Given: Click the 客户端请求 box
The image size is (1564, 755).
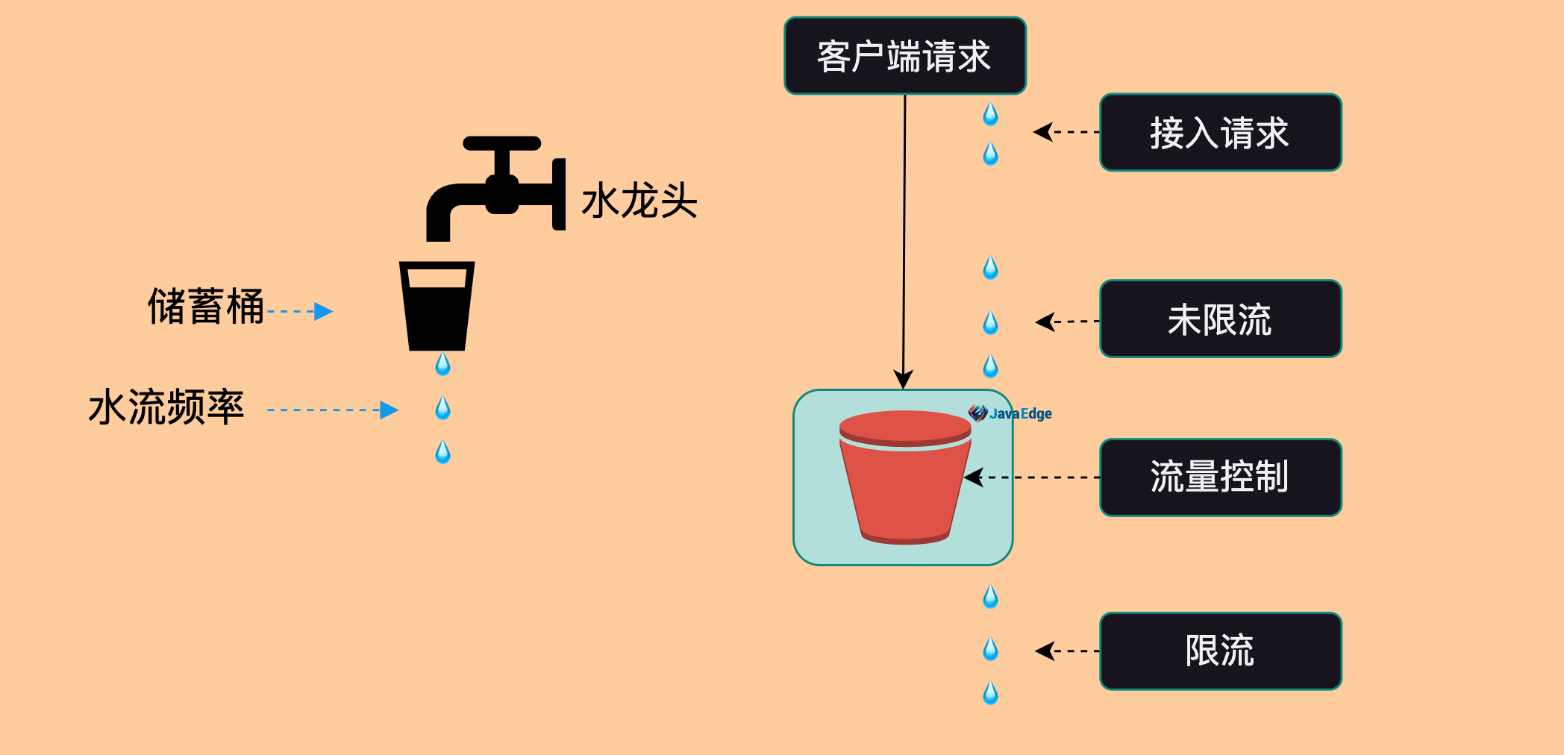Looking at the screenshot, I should (904, 56).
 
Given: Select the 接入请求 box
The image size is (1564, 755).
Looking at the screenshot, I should (1220, 133).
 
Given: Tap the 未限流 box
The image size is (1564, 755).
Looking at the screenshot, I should (1220, 319).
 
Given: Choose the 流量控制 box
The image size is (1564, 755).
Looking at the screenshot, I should (1220, 477).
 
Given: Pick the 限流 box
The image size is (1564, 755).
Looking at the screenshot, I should (1220, 651).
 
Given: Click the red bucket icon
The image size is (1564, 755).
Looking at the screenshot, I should (904, 477).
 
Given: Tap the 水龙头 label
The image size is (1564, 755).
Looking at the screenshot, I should (639, 201).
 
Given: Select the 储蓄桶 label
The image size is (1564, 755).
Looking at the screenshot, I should (206, 307).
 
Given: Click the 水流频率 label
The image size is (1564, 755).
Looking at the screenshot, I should (166, 408).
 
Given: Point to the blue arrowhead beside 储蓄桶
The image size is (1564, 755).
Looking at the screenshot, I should (323, 311).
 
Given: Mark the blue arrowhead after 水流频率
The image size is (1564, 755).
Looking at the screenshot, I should (389, 410).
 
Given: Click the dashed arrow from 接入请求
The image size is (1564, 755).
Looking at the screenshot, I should (1067, 132).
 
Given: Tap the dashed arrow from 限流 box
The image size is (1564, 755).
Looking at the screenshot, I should (1068, 651).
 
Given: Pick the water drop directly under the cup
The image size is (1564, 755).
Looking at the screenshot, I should (442, 364).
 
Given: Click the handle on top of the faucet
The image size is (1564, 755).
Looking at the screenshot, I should (502, 143).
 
